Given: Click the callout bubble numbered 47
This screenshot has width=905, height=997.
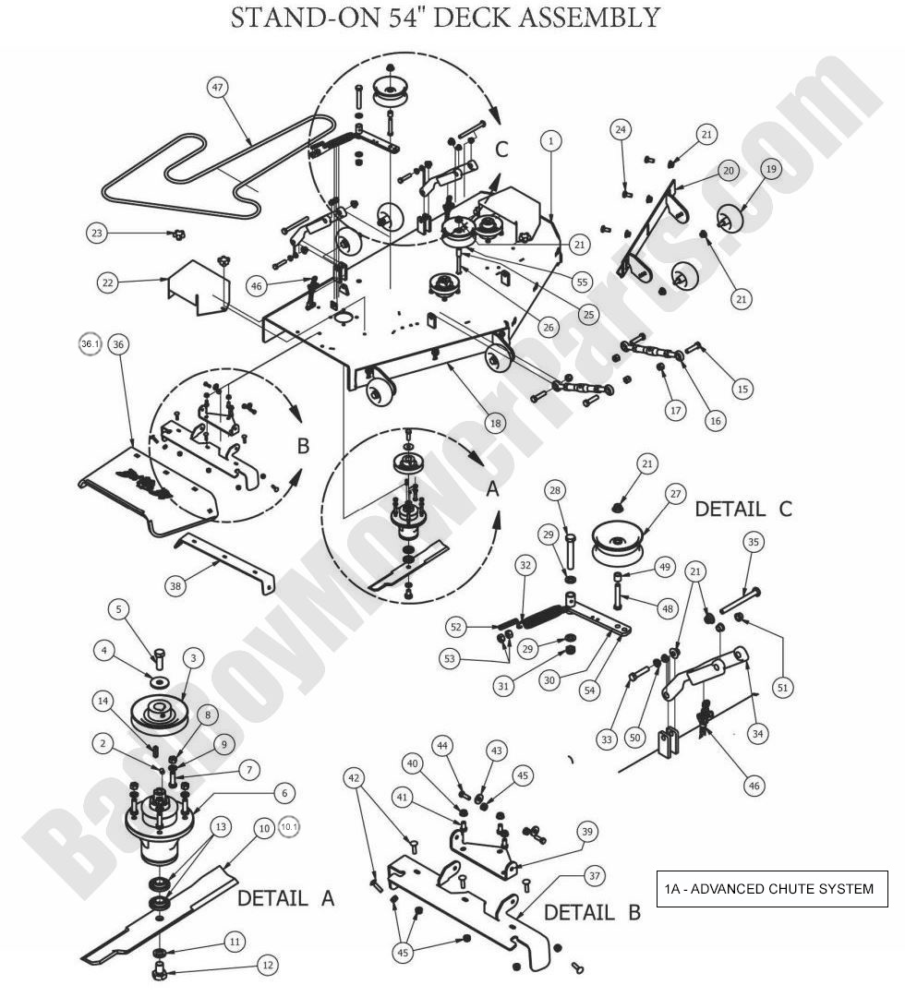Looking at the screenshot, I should coord(218,88).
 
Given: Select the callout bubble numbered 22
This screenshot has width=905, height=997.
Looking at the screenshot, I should coord(108,283).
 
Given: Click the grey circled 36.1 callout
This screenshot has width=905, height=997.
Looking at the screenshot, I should coord(90,343).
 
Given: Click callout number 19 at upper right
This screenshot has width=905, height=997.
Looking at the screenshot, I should coord(770,169).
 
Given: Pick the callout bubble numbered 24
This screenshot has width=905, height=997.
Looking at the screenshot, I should coord(621,130).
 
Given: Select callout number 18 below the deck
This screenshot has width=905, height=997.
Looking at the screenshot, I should coord(497,424).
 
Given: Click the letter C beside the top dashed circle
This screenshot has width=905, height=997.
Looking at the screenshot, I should coord(501,148).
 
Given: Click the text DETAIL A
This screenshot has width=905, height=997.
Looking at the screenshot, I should coord(285,897).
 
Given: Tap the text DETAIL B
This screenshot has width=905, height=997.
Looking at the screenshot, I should coord(591,913).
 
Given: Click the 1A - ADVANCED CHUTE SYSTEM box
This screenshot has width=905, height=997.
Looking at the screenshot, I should coord(771,889).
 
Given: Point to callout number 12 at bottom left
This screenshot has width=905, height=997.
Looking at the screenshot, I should coord(267,966).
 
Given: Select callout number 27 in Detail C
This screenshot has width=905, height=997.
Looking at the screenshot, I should coord(676,494).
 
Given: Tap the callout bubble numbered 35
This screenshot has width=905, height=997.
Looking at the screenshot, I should coord(753,542).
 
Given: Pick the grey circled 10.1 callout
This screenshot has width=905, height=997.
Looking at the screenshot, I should coord(289,826).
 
